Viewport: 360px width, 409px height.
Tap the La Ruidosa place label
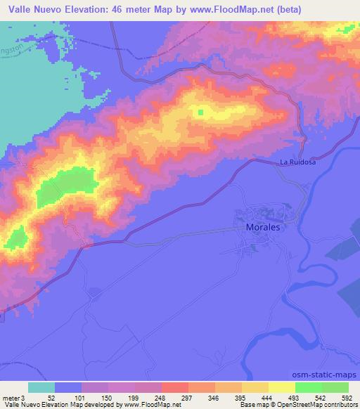(x=289, y=162)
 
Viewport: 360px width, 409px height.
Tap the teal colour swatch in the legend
(x=41, y=387)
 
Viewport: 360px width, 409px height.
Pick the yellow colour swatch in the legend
(x=282, y=387)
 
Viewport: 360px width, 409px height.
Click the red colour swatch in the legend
(x=175, y=387)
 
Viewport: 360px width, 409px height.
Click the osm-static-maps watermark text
(x=326, y=377)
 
